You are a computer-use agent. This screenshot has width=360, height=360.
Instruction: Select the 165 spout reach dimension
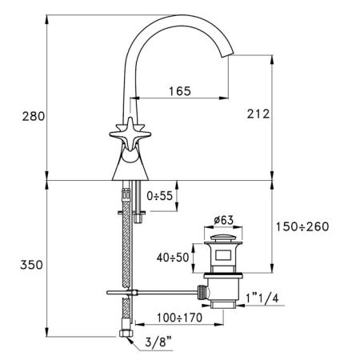coord(178,91)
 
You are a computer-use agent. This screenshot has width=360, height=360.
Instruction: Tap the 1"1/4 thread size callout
coord(265,298)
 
